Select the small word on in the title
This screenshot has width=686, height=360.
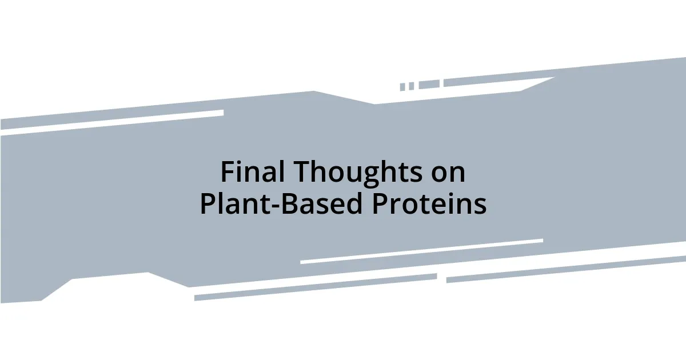coord(448,173)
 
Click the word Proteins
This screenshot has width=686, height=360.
coord(429,204)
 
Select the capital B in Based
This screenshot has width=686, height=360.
coord(289,204)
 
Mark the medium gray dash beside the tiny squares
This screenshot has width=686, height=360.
coord(429,85)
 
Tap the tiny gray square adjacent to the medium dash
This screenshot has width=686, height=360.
coord(411,86)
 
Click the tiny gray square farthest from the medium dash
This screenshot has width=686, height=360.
coord(402,87)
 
